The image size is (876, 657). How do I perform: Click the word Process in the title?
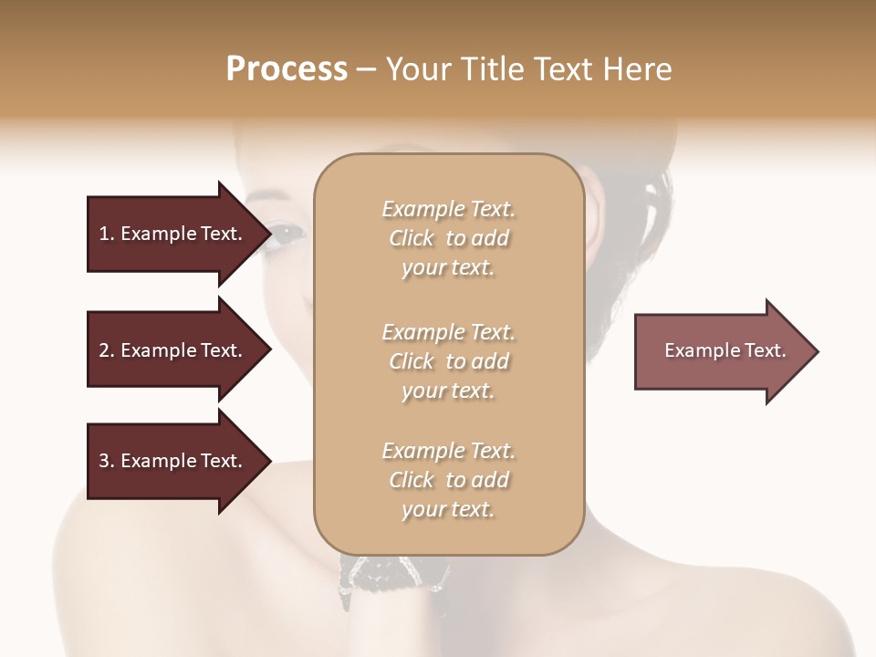point(287,69)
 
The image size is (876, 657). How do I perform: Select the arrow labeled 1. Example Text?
point(171,234)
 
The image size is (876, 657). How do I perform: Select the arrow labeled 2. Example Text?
point(171,350)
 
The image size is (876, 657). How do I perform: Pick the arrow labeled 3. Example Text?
point(171,461)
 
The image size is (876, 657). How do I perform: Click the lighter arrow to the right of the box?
point(721,351)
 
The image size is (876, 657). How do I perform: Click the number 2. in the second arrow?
point(106,350)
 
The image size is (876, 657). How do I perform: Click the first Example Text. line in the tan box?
point(448,210)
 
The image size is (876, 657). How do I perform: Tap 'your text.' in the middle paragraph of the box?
point(448,391)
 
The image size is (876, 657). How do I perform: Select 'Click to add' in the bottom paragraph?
point(448,480)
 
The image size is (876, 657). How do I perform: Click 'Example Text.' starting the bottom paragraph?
point(448,451)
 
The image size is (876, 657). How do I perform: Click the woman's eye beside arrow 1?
point(287,235)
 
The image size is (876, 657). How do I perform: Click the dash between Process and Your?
point(367,69)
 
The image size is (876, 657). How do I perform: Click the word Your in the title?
point(420,69)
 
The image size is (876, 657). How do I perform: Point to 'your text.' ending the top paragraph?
point(448,268)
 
